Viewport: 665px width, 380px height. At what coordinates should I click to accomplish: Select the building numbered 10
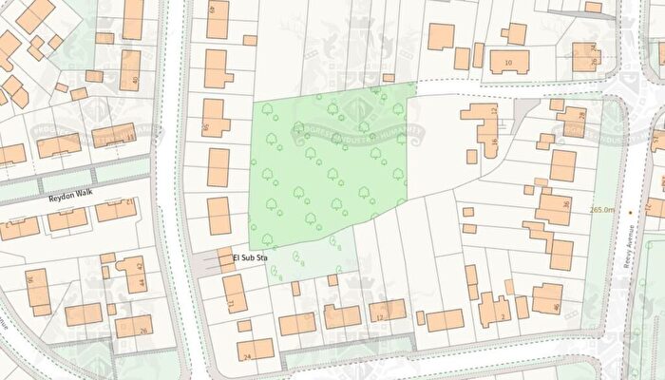[x=510, y=64]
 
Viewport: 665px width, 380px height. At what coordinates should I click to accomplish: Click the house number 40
[x=137, y=81]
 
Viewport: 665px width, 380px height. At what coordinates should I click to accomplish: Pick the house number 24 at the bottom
[x=246, y=356]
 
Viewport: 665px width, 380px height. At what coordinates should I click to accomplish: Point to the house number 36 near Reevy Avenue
[x=565, y=203]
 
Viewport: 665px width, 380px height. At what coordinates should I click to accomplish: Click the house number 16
[x=494, y=142]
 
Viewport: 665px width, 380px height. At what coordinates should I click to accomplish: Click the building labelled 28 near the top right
[x=582, y=115]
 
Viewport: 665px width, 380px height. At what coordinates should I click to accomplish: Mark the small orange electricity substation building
[x=227, y=265]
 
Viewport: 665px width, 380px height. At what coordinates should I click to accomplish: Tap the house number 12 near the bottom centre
[x=379, y=316]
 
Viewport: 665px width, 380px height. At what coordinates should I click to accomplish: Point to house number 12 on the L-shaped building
[x=494, y=111]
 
